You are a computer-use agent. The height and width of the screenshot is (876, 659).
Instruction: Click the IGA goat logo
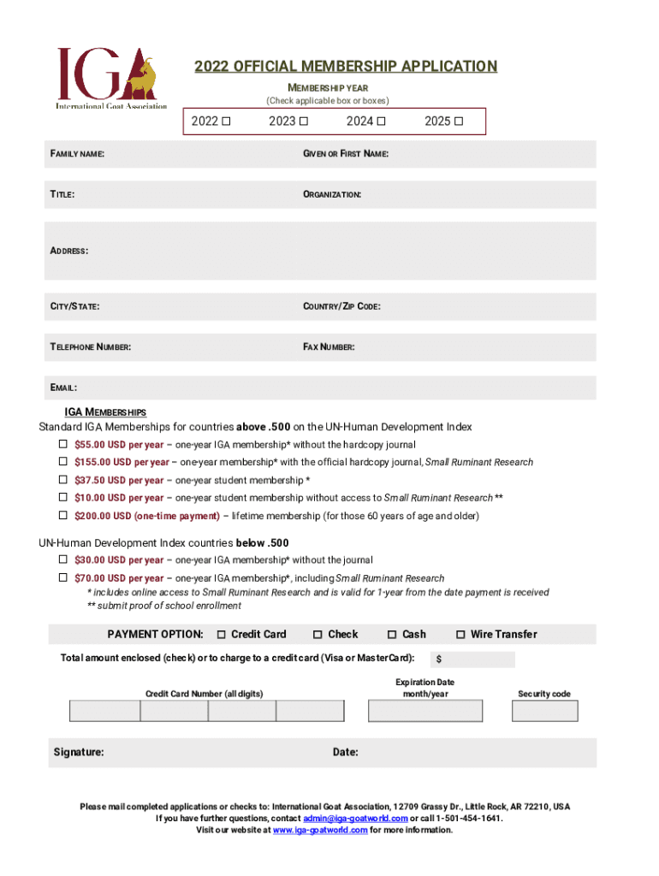coord(111,78)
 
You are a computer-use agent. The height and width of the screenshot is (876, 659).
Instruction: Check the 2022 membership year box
coord(226,121)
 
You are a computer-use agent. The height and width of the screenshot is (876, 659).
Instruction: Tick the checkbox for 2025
coord(460,121)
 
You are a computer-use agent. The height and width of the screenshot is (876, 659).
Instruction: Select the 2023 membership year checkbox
coord(303,121)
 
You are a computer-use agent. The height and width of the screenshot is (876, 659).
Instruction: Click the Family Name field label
coord(77,154)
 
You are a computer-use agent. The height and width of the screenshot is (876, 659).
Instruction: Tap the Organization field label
coord(332,195)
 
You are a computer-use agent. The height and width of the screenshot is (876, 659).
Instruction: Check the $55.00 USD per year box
coord(62,444)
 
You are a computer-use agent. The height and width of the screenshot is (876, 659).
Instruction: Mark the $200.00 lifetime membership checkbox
coord(62,515)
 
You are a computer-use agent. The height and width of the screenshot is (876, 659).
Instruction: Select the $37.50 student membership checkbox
coord(62,480)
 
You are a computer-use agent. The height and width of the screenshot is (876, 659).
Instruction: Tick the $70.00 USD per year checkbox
coord(62,577)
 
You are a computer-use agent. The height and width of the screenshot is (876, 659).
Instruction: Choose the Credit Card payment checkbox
coord(221,634)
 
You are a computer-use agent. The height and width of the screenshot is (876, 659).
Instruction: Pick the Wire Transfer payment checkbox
coord(460,634)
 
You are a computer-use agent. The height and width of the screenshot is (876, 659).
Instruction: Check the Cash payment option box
coord(392,634)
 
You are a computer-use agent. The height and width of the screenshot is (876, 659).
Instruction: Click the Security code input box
coord(544,711)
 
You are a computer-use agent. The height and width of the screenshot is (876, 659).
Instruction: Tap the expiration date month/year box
coord(425,711)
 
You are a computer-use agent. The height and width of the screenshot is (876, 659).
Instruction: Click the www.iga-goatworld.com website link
coord(320,830)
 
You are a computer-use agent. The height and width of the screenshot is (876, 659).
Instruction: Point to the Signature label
coord(79,752)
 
